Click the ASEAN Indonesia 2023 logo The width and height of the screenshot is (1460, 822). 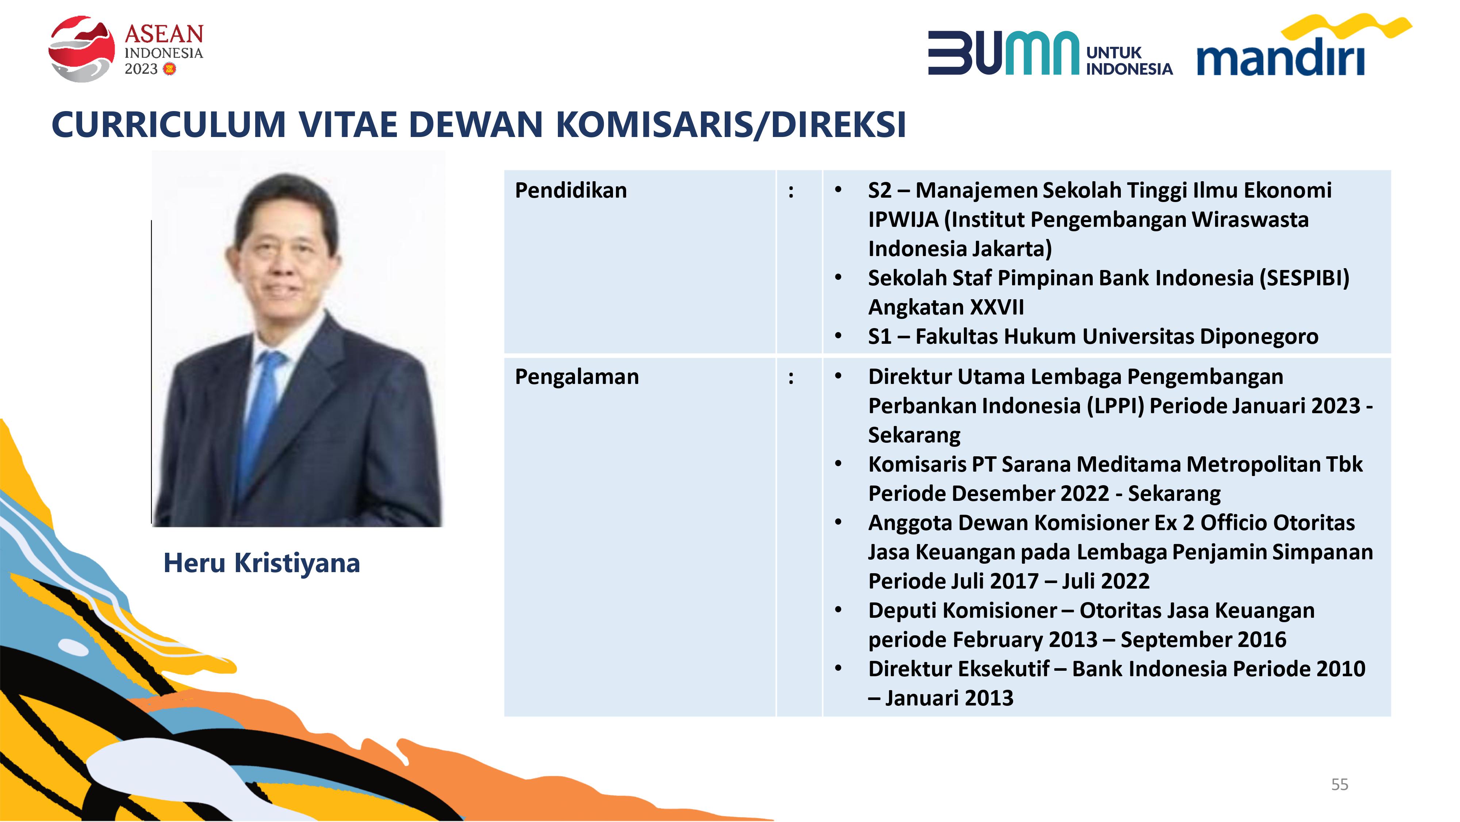tap(126, 49)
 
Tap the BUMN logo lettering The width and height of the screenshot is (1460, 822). tap(1003, 53)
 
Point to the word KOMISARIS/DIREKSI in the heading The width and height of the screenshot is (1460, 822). tap(731, 125)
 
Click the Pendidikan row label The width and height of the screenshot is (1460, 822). tap(571, 191)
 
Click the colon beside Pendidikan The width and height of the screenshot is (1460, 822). tap(791, 192)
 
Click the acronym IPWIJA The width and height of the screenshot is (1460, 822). tap(904, 220)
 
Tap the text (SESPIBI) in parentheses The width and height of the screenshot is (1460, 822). tap(1305, 278)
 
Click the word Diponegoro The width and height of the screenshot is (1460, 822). tap(1259, 337)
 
